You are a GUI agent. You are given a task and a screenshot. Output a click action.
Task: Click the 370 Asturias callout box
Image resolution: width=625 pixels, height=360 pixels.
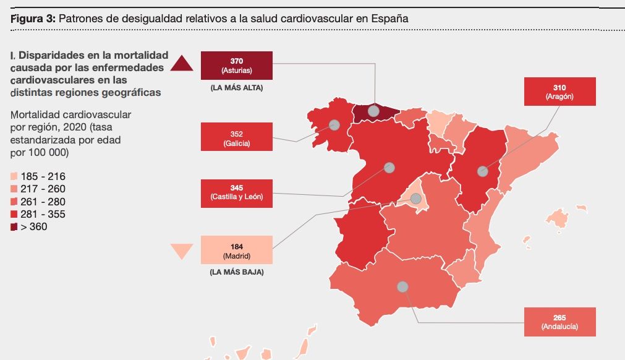(236, 66)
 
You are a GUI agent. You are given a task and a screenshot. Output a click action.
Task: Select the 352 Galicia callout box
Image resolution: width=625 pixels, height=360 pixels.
(236, 136)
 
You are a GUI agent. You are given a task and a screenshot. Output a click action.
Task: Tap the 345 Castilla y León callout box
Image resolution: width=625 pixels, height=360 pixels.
(236, 192)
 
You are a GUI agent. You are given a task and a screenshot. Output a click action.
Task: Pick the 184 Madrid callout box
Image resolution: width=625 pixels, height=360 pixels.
(236, 251)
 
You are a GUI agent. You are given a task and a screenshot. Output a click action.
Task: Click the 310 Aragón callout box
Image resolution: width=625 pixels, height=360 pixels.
(559, 92)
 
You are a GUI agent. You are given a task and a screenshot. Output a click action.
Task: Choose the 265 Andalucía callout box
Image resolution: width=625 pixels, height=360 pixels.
(559, 322)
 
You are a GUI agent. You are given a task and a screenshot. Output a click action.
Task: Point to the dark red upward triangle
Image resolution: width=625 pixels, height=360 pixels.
(183, 64)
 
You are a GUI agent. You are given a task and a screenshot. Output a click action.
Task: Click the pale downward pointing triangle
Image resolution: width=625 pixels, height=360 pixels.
(182, 250)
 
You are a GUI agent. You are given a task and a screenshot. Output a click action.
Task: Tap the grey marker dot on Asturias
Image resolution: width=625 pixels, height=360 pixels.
(373, 111)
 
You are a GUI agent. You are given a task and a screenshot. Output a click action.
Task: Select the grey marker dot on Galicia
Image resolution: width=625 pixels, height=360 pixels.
(334, 125)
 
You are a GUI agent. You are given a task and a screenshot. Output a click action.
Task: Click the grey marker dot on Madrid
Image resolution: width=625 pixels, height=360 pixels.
(415, 199)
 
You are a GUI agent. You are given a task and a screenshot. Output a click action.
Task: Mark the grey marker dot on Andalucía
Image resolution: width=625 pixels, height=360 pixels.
(402, 287)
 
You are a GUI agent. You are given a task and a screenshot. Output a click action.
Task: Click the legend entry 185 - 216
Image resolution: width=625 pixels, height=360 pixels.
(38, 176)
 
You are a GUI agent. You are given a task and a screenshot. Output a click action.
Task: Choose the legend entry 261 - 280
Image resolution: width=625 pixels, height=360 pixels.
(38, 202)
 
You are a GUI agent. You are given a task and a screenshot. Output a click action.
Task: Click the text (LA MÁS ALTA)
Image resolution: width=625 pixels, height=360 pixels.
(236, 88)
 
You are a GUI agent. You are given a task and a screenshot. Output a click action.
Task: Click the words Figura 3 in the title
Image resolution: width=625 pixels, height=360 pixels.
(33, 19)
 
